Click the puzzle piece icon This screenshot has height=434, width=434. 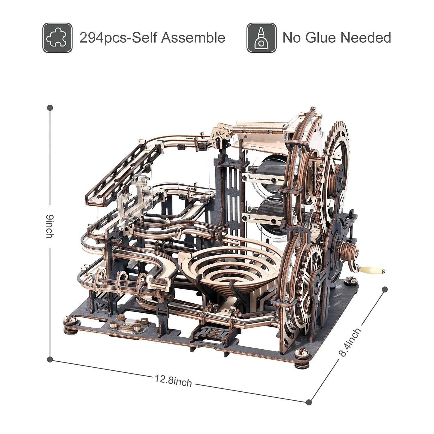click(57, 38)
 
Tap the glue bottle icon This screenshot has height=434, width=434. click(261, 38)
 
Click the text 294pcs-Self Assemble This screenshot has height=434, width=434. click(152, 38)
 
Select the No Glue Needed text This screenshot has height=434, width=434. click(337, 38)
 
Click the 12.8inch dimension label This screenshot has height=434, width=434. click(173, 380)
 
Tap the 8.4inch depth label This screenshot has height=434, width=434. click(350, 342)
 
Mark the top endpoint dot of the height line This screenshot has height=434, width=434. click(50, 107)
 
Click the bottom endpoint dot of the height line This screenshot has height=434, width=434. click(50, 359)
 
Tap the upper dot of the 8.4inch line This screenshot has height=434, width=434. click(384, 290)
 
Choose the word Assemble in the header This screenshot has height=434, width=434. click(193, 38)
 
